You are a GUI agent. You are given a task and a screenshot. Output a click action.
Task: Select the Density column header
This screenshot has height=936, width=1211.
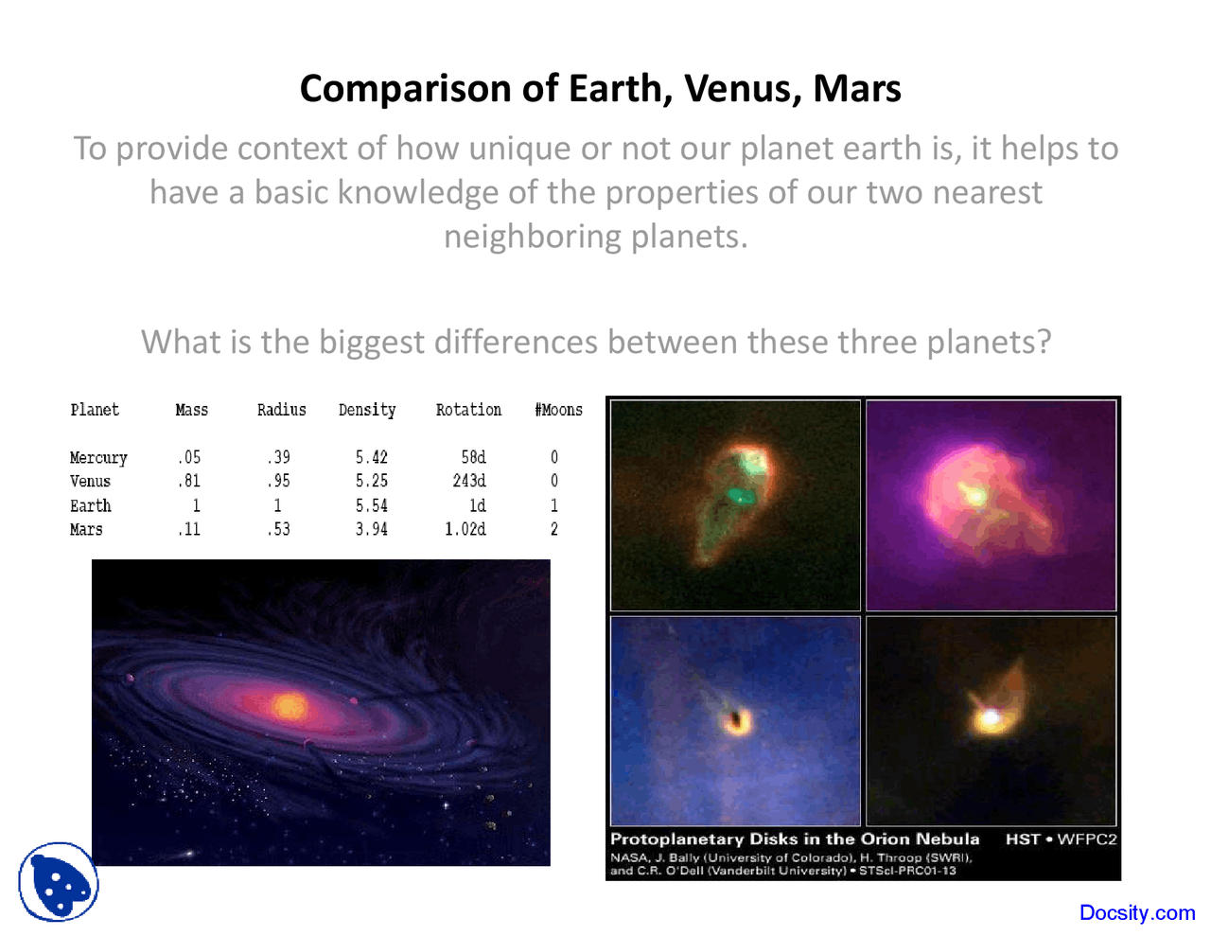tap(367, 410)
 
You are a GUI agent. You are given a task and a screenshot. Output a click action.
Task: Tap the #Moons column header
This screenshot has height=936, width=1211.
tap(558, 410)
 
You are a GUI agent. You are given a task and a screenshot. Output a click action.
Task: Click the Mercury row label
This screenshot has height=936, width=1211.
tap(97, 458)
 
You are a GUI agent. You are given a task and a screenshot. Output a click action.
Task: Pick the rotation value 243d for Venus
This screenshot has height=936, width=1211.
tap(469, 481)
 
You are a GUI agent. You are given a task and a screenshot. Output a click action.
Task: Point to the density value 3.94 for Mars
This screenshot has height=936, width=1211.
tap(372, 529)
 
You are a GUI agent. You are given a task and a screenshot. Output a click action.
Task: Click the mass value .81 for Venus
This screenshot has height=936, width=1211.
tap(189, 481)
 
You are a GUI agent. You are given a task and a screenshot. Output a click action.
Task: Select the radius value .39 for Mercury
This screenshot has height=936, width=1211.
tap(278, 457)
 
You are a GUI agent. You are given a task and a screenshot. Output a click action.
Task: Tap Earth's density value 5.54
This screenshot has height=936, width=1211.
tap(372, 505)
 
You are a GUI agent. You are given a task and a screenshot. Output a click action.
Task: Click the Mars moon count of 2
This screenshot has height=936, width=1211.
tap(554, 529)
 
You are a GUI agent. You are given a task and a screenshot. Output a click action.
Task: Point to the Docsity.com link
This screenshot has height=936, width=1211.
tap(1137, 912)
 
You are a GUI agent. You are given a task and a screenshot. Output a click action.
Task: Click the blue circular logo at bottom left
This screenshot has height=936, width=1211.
tap(59, 882)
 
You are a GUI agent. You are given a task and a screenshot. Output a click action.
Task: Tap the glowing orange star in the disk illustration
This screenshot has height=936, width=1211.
tap(289, 706)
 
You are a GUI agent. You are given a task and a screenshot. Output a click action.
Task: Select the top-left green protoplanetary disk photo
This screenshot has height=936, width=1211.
tap(735, 504)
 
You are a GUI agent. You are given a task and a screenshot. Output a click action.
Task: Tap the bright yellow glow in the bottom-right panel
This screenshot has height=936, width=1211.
tap(991, 718)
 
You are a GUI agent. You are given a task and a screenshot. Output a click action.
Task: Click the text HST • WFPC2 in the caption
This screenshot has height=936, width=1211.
tap(1061, 839)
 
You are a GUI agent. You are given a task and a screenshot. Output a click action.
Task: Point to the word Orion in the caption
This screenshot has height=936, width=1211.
tap(886, 839)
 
